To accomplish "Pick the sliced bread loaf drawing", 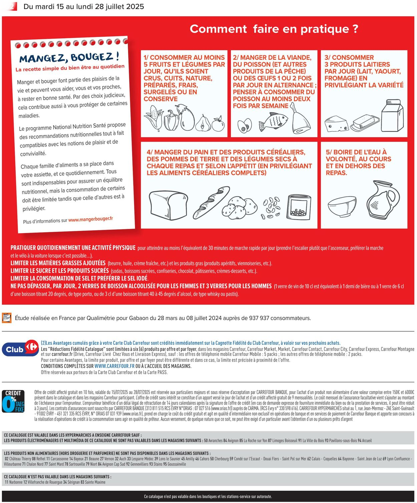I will click(x=168, y=205).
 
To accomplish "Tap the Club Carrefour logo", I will click(x=20, y=349).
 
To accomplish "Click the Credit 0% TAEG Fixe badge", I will click(x=13, y=402).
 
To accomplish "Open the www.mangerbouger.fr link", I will click(x=90, y=219).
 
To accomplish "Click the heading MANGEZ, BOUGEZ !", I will click(x=69, y=58).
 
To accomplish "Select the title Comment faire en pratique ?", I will click(x=274, y=29).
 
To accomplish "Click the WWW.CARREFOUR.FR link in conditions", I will click(x=114, y=366).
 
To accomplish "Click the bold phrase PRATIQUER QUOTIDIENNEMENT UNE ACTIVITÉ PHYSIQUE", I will click(x=73, y=248).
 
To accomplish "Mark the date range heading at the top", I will click(x=84, y=7).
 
